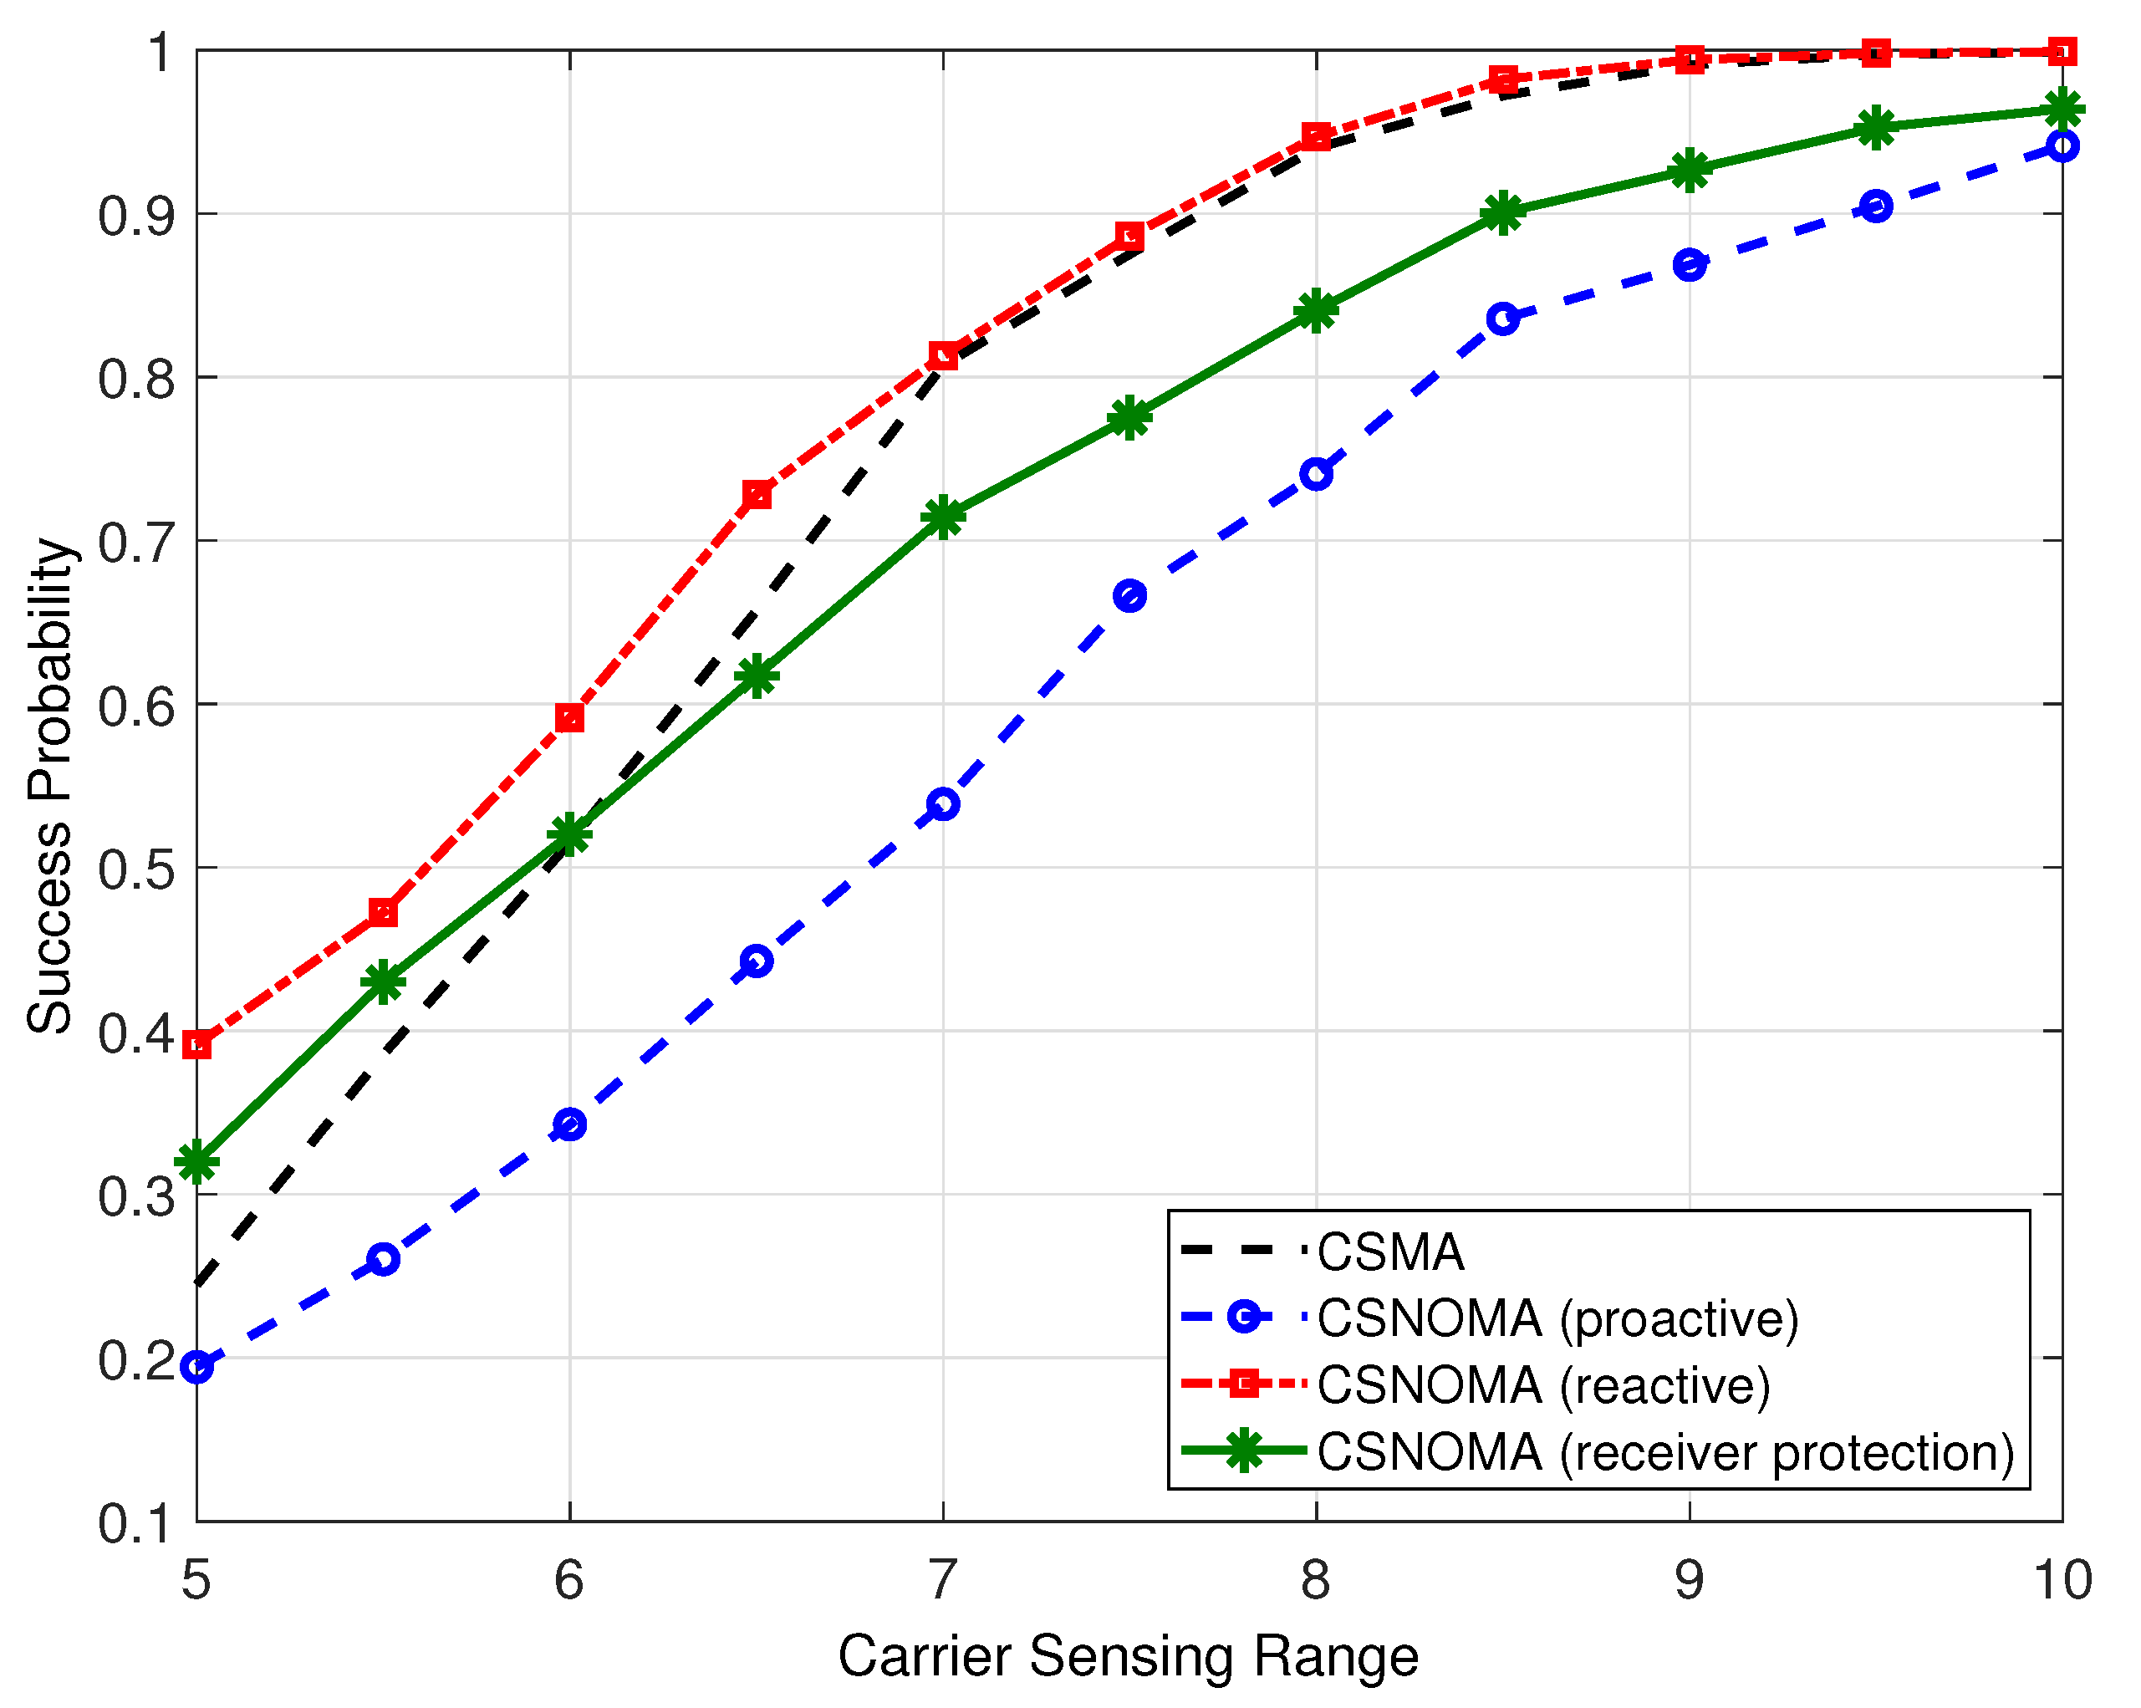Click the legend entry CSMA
click(1389, 1252)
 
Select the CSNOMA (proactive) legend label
click(1557, 1318)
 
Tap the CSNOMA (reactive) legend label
click(1543, 1385)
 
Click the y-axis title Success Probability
click(49, 787)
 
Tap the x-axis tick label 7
click(942, 1580)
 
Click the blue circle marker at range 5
click(197, 1368)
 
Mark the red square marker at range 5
click(197, 1045)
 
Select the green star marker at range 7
click(943, 517)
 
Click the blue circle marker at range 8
click(1317, 475)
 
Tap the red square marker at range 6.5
click(757, 495)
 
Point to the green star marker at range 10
click(2062, 110)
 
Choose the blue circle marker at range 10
click(2062, 147)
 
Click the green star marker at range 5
click(197, 1162)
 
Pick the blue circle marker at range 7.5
click(1130, 596)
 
